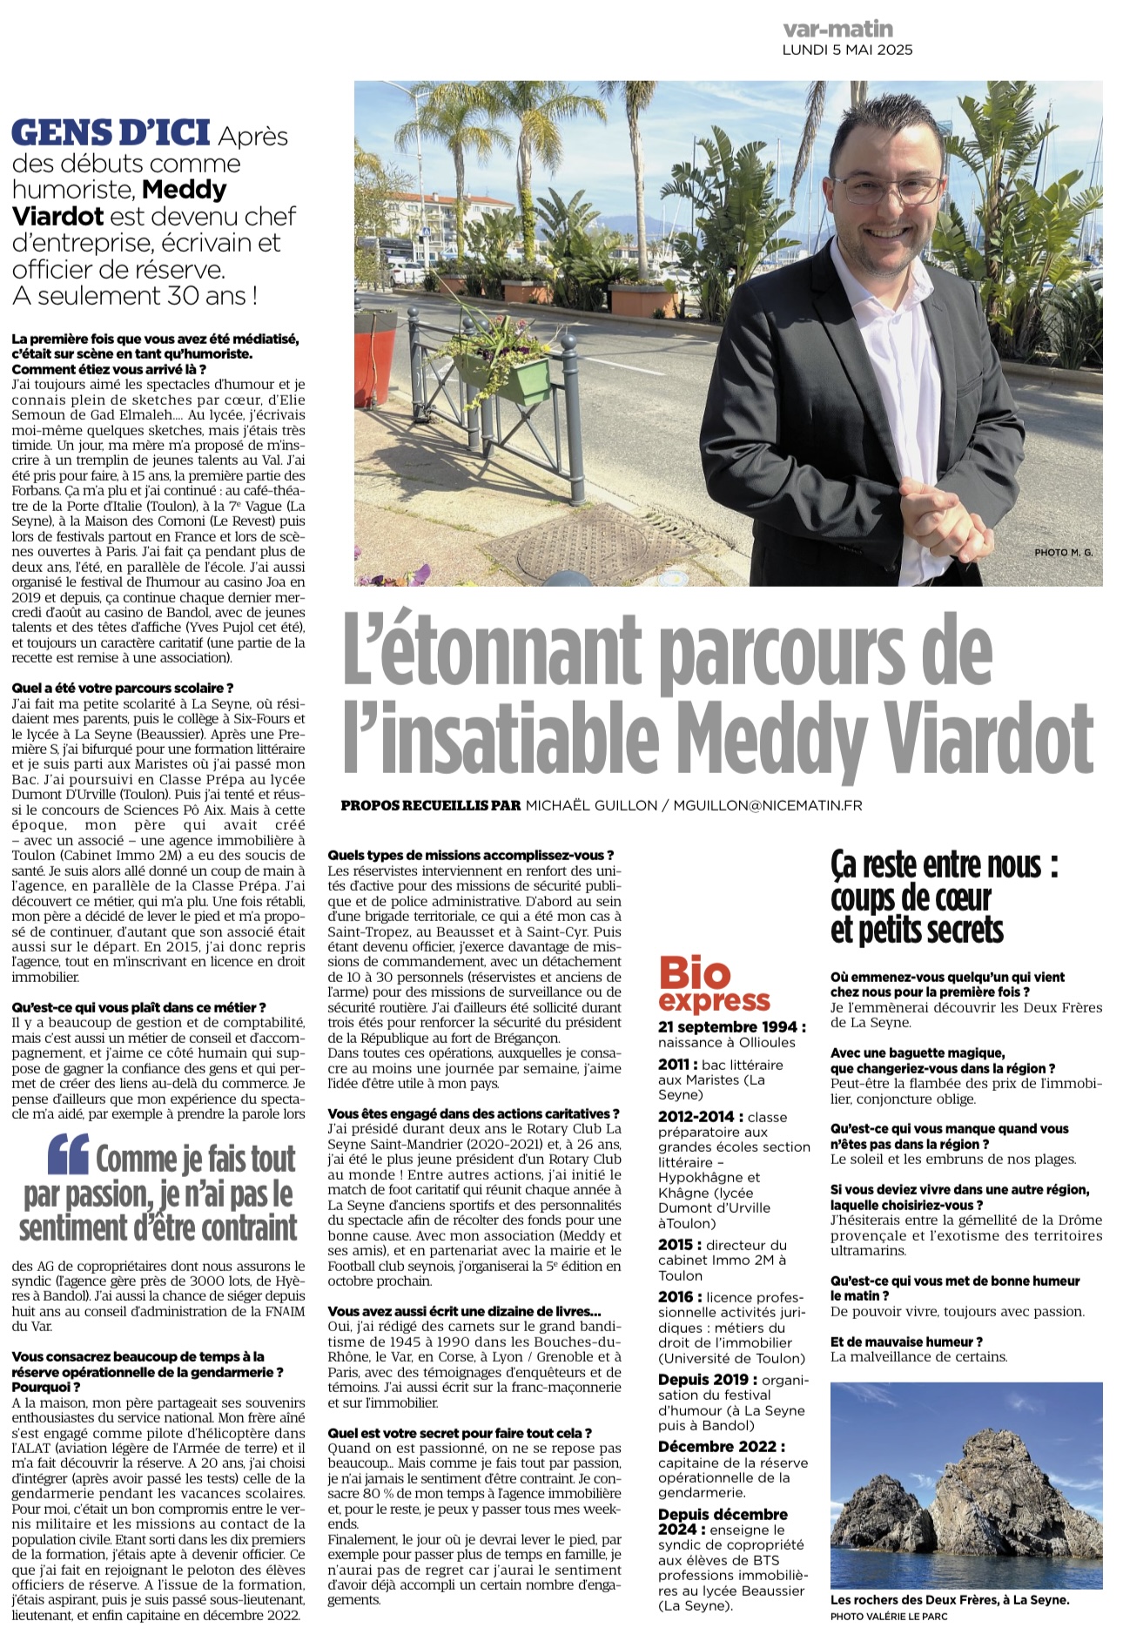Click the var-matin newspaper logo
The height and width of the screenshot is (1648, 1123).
pyautogui.click(x=837, y=29)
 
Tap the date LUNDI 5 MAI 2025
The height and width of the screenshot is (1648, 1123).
pyautogui.click(x=847, y=50)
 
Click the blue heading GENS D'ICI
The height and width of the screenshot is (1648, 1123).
pyautogui.click(x=111, y=133)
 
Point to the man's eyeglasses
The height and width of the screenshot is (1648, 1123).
pyautogui.click(x=886, y=187)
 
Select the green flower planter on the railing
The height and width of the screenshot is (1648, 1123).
pyautogui.click(x=503, y=377)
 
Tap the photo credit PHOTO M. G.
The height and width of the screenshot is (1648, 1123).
pyautogui.click(x=1063, y=553)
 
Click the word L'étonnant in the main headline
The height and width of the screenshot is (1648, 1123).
pyautogui.click(x=494, y=651)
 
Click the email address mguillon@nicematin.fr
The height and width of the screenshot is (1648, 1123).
pyautogui.click(x=768, y=805)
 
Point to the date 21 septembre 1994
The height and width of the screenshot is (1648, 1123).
pyautogui.click(x=731, y=1027)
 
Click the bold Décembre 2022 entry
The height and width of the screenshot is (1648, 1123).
pyautogui.click(x=722, y=1446)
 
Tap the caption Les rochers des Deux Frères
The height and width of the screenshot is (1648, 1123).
pyautogui.click(x=950, y=1599)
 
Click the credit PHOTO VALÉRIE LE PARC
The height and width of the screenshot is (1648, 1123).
pyautogui.click(x=889, y=1616)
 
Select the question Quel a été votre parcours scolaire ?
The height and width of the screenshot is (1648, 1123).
pyautogui.click(x=123, y=688)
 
